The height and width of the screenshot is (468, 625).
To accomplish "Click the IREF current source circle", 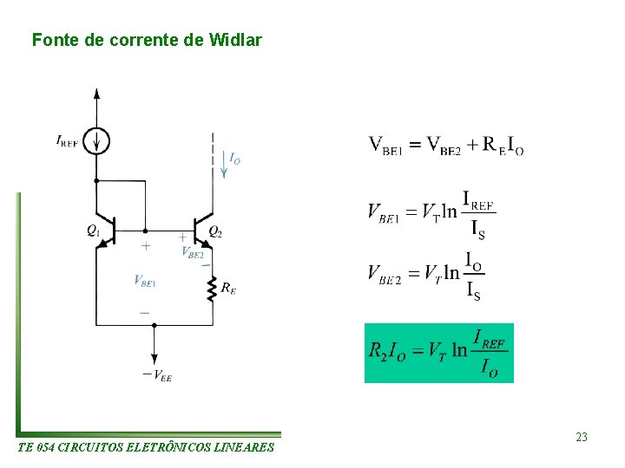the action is pyautogui.click(x=96, y=140).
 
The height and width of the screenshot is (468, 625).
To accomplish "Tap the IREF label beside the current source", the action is pyautogui.click(x=68, y=140).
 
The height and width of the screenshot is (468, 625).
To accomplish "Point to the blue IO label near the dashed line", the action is pyautogui.click(x=234, y=158).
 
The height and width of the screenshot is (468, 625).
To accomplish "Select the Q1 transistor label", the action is pyautogui.click(x=93, y=231).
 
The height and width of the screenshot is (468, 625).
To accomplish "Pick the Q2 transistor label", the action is pyautogui.click(x=215, y=231).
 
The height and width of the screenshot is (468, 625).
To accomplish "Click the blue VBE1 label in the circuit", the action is pyautogui.click(x=144, y=280).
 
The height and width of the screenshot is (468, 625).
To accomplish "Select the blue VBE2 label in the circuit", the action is pyautogui.click(x=193, y=252).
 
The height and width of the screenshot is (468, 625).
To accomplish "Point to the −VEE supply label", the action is pyautogui.click(x=156, y=374).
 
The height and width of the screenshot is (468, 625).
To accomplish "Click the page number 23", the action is pyautogui.click(x=582, y=437).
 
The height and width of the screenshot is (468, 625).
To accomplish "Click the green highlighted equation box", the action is pyautogui.click(x=438, y=353).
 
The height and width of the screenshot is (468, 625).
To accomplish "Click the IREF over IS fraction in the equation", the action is pyautogui.click(x=477, y=214).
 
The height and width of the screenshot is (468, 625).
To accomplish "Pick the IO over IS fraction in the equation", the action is pyautogui.click(x=474, y=276).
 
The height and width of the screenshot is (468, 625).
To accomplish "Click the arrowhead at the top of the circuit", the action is pyautogui.click(x=96, y=92).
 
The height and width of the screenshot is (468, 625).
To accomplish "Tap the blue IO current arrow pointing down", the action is pyautogui.click(x=223, y=169).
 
